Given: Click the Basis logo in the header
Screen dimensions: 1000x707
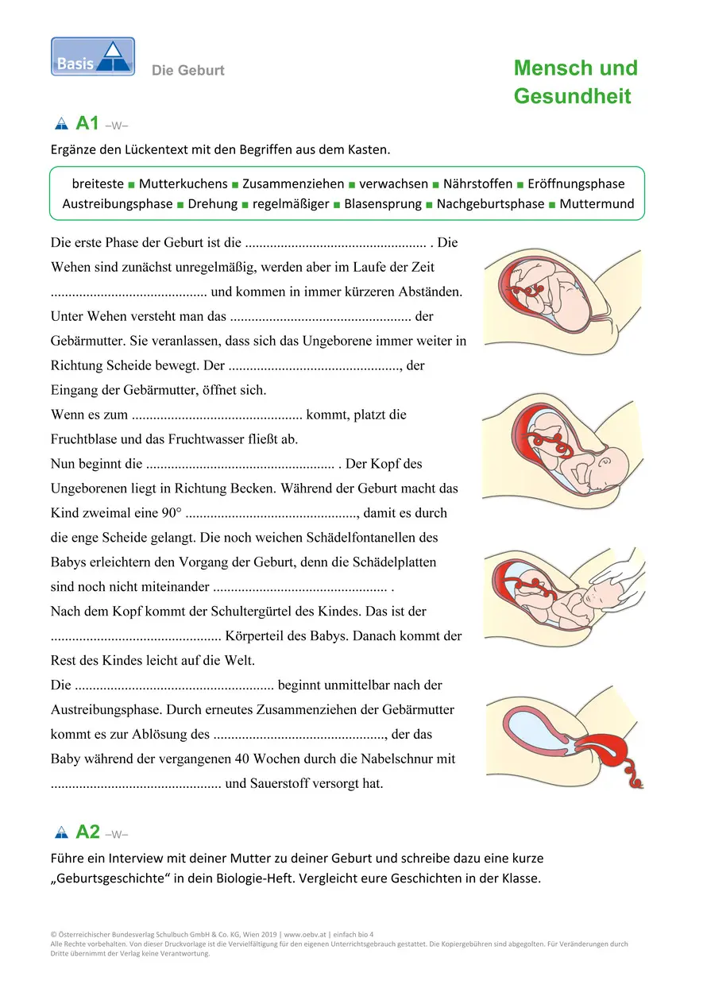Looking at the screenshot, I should (93, 57).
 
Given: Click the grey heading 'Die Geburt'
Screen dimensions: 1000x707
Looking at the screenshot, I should (188, 71).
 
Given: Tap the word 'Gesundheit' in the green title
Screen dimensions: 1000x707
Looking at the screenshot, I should (572, 97).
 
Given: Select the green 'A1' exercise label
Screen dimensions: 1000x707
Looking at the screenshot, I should (87, 123).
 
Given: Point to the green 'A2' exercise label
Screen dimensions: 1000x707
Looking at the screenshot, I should (87, 832).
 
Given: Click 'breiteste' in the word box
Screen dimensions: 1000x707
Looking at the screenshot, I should (98, 183).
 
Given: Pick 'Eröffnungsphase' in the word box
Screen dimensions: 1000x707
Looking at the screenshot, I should (577, 183).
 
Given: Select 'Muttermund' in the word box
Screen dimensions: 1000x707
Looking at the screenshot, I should (597, 204).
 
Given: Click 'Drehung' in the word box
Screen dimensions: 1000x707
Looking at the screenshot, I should (213, 204).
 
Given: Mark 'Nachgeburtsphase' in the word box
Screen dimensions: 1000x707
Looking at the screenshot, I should (491, 204).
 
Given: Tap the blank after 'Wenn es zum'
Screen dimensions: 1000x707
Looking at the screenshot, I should (217, 415).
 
